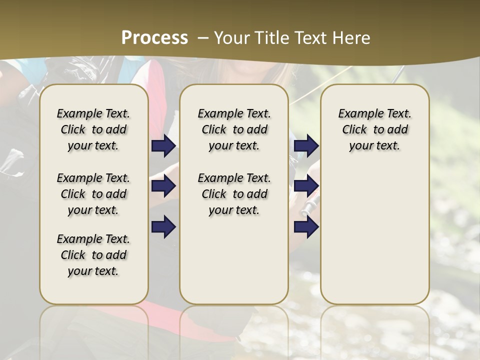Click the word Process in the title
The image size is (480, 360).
coord(154,38)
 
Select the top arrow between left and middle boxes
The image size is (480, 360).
coord(163,146)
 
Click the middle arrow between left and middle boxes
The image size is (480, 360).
coord(163,186)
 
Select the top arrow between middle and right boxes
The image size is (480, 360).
coord(306,146)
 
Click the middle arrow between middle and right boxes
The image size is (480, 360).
coord(306,186)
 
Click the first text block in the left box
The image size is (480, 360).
coord(93,129)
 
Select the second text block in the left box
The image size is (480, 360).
coord(93,194)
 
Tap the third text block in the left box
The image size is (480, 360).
coord(93,255)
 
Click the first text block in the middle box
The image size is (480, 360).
coord(234,129)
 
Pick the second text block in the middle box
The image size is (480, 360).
coord(234,194)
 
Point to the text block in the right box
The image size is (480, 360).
coord(375,129)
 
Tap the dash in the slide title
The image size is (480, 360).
coord(203,38)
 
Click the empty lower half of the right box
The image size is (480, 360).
coord(375,240)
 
